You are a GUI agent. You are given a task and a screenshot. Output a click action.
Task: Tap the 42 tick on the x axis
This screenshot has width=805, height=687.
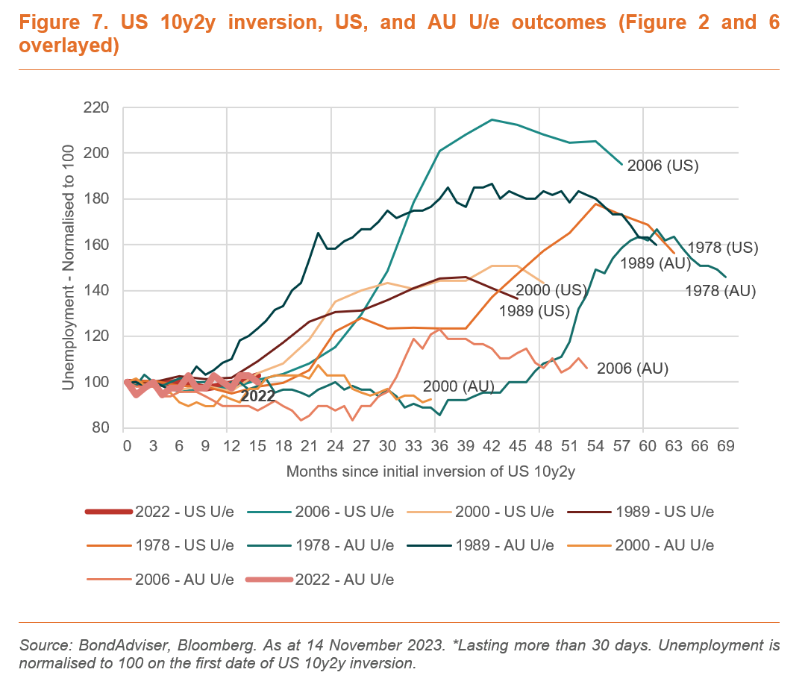click(x=491, y=446)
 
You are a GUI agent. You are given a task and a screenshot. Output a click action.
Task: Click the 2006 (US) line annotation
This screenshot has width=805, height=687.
click(x=663, y=166)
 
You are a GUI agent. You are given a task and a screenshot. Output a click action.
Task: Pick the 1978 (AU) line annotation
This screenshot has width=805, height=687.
click(x=720, y=292)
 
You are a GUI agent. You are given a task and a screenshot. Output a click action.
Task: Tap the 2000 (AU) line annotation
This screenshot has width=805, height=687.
click(x=458, y=386)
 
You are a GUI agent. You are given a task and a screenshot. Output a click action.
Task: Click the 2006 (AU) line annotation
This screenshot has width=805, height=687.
click(x=633, y=368)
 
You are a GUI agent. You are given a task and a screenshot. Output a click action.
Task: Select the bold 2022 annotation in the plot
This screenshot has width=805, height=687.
click(x=257, y=396)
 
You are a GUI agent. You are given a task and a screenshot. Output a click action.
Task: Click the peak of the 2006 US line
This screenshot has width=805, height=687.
click(x=492, y=119)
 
